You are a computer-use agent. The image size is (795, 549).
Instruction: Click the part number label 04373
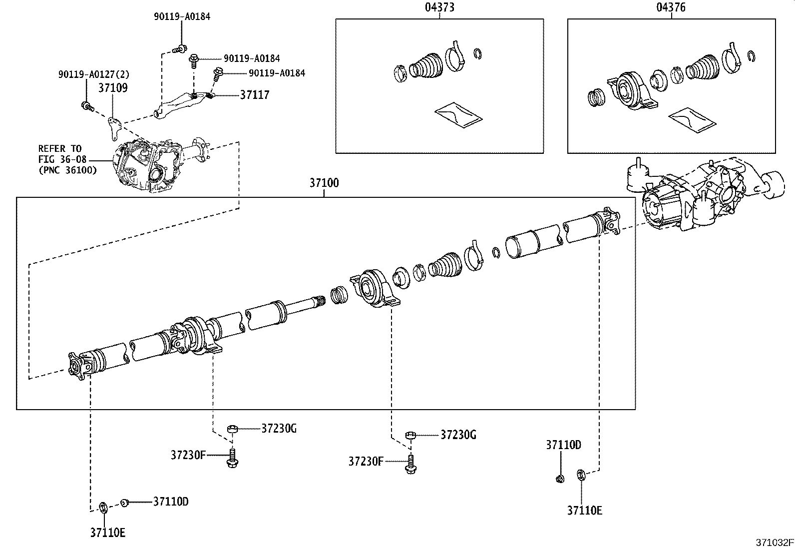click(439, 7)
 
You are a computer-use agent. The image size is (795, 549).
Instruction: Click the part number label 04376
click(671, 7)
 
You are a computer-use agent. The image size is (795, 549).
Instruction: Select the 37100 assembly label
click(324, 183)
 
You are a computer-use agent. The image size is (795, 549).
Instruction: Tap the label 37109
click(112, 88)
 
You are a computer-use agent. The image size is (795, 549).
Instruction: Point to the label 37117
click(255, 95)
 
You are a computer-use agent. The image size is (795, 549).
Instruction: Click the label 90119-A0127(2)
click(93, 74)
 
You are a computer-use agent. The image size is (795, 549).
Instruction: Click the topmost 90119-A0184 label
click(182, 16)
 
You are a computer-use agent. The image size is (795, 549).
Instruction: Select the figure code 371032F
click(774, 543)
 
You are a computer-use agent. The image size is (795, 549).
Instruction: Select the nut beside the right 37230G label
click(410, 436)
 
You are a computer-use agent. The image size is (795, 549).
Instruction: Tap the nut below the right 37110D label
click(560, 479)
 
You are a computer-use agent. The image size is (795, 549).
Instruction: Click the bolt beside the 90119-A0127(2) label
click(86, 105)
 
